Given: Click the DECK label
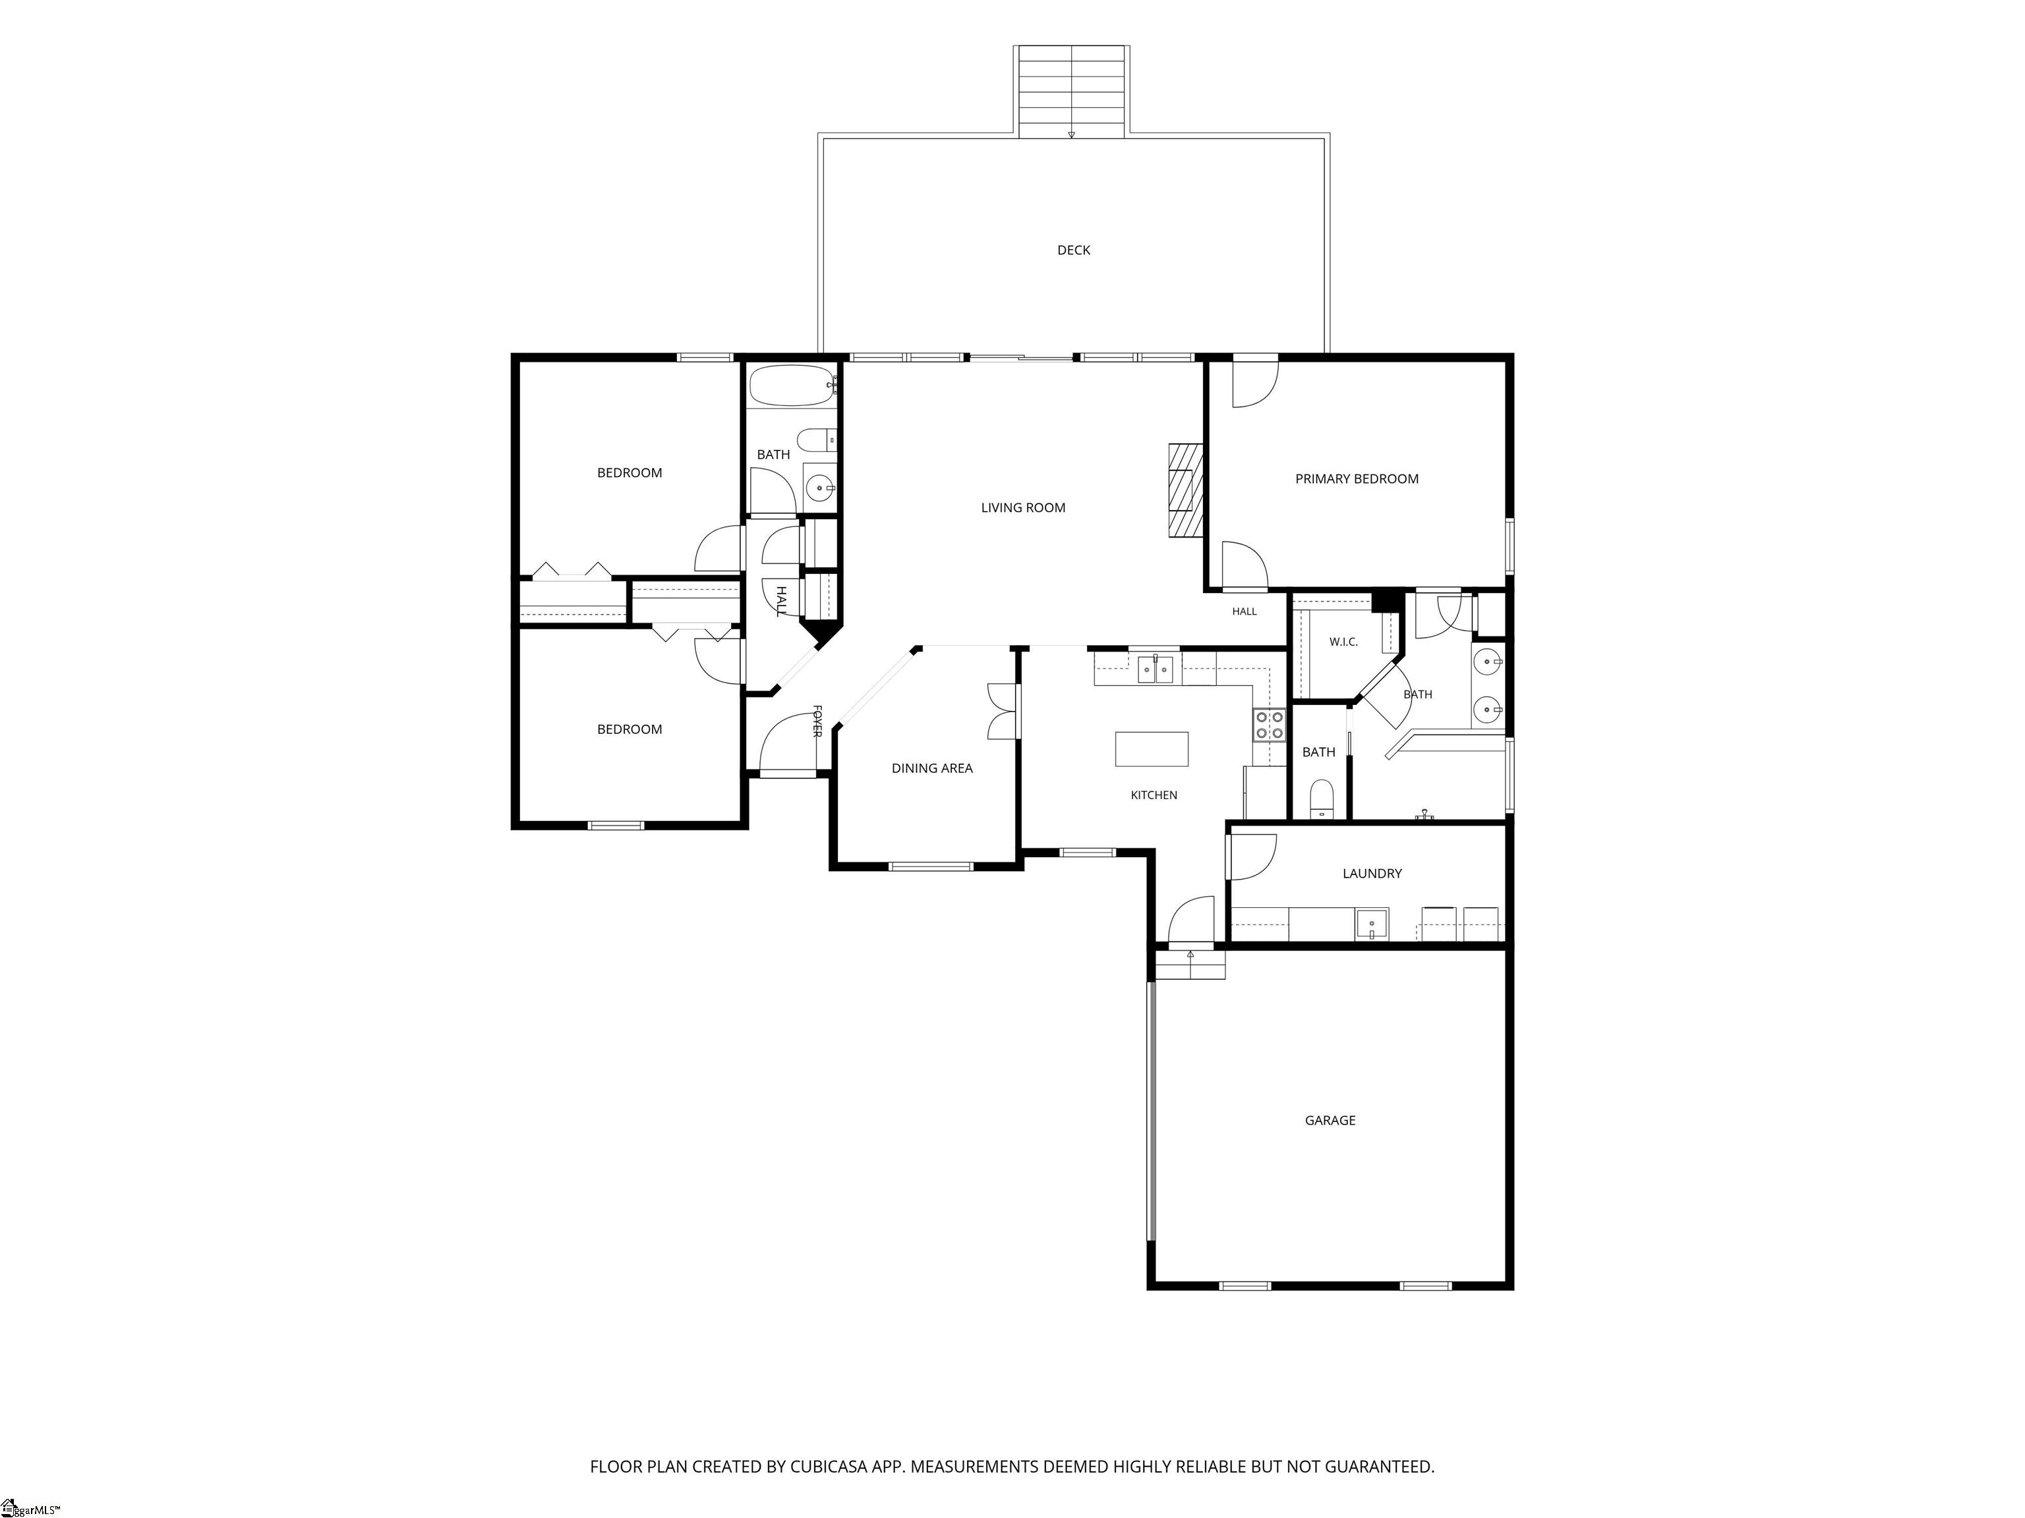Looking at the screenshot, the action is coord(1073,250).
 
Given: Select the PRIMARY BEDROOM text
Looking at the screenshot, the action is coord(1356,478).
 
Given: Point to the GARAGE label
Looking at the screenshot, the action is coord(1330,1120).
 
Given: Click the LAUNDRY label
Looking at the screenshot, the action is coord(1371,874).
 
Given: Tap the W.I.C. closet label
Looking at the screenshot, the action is coord(1343,642).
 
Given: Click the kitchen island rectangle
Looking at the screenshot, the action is coord(1152,748).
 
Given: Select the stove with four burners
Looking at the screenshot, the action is coord(1269,725).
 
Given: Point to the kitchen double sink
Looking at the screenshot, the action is coord(1156,669).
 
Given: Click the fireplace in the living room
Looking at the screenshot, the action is coord(1185,490).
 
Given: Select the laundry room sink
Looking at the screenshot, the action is coord(1371,924).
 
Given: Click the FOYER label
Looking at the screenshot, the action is coord(817,721).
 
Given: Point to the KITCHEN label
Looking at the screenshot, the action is coord(1154,795).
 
